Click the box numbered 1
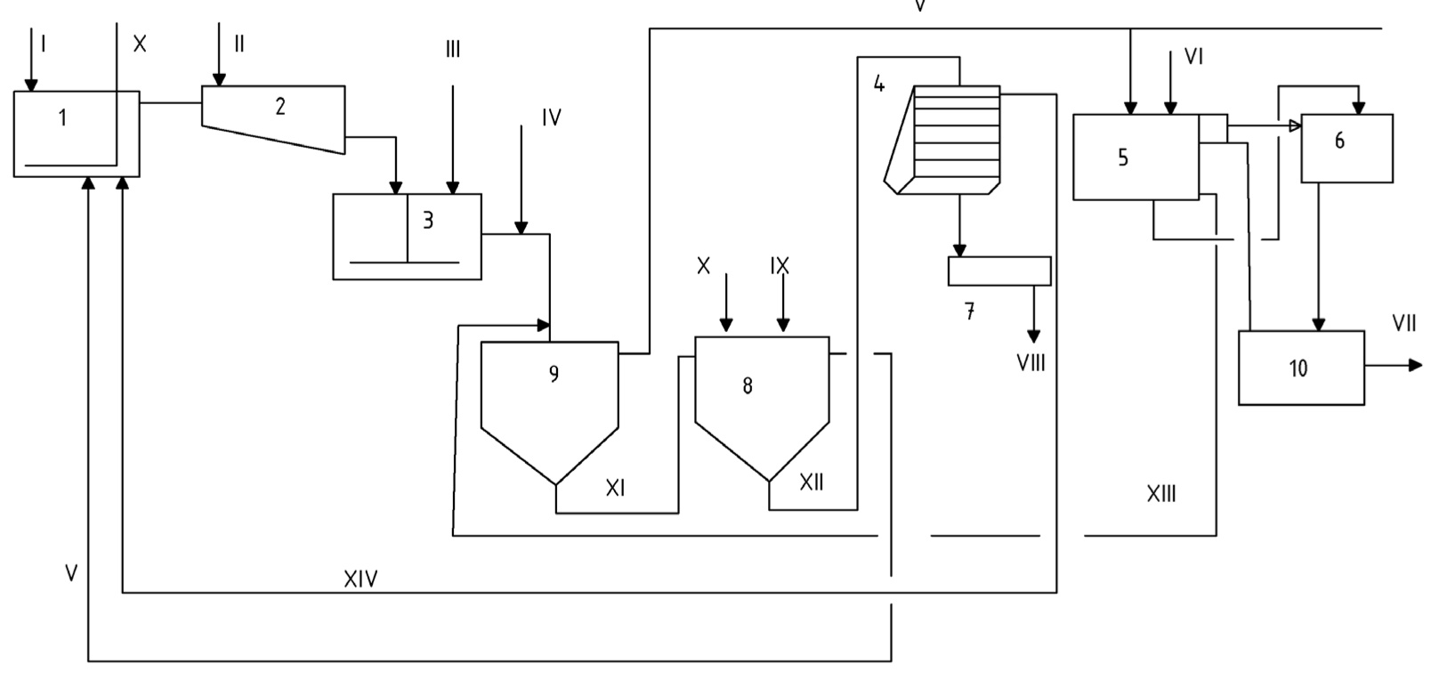pos(76,134)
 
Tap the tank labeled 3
pos(407,236)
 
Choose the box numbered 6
pos(1346,149)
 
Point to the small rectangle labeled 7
pos(998,271)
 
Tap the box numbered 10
pos(1300,368)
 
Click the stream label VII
pos(1403,324)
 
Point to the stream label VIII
pos(1031,363)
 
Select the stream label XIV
pos(360,580)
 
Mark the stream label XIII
pos(1160,493)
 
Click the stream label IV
pos(551,118)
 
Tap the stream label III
pos(453,50)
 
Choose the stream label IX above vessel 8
pos(780,266)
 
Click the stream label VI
pos(1193,57)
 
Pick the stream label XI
pos(615,488)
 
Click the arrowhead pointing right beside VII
pos(1415,365)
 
